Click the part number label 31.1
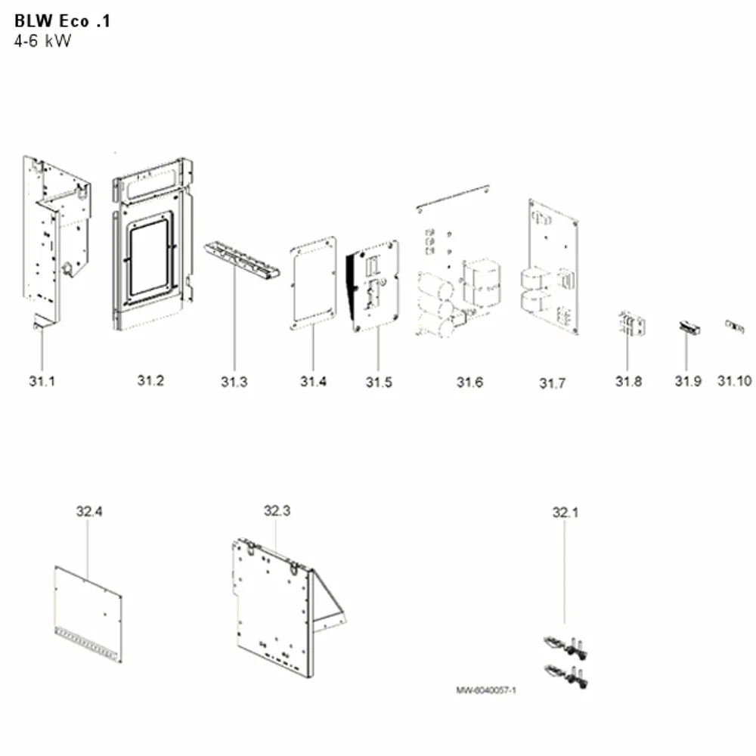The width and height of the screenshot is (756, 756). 42,381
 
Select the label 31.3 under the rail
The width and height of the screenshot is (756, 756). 234,382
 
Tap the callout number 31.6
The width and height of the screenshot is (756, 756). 469,383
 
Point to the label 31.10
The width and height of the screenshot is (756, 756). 734,381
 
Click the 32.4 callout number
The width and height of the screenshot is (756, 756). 89,511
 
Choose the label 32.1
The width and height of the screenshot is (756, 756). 565,512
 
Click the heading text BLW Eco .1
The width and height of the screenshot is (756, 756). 62,20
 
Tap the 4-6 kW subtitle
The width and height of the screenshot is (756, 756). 42,41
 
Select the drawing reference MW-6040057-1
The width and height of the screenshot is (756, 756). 486,690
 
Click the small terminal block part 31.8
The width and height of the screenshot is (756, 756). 631,324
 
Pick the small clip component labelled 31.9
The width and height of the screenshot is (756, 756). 689,328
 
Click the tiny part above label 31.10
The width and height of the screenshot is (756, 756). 735,327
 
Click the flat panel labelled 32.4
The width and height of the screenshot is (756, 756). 88,614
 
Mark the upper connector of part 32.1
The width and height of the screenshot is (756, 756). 565,647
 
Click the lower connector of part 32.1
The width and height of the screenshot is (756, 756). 565,675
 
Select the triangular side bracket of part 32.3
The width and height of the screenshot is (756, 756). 330,603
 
